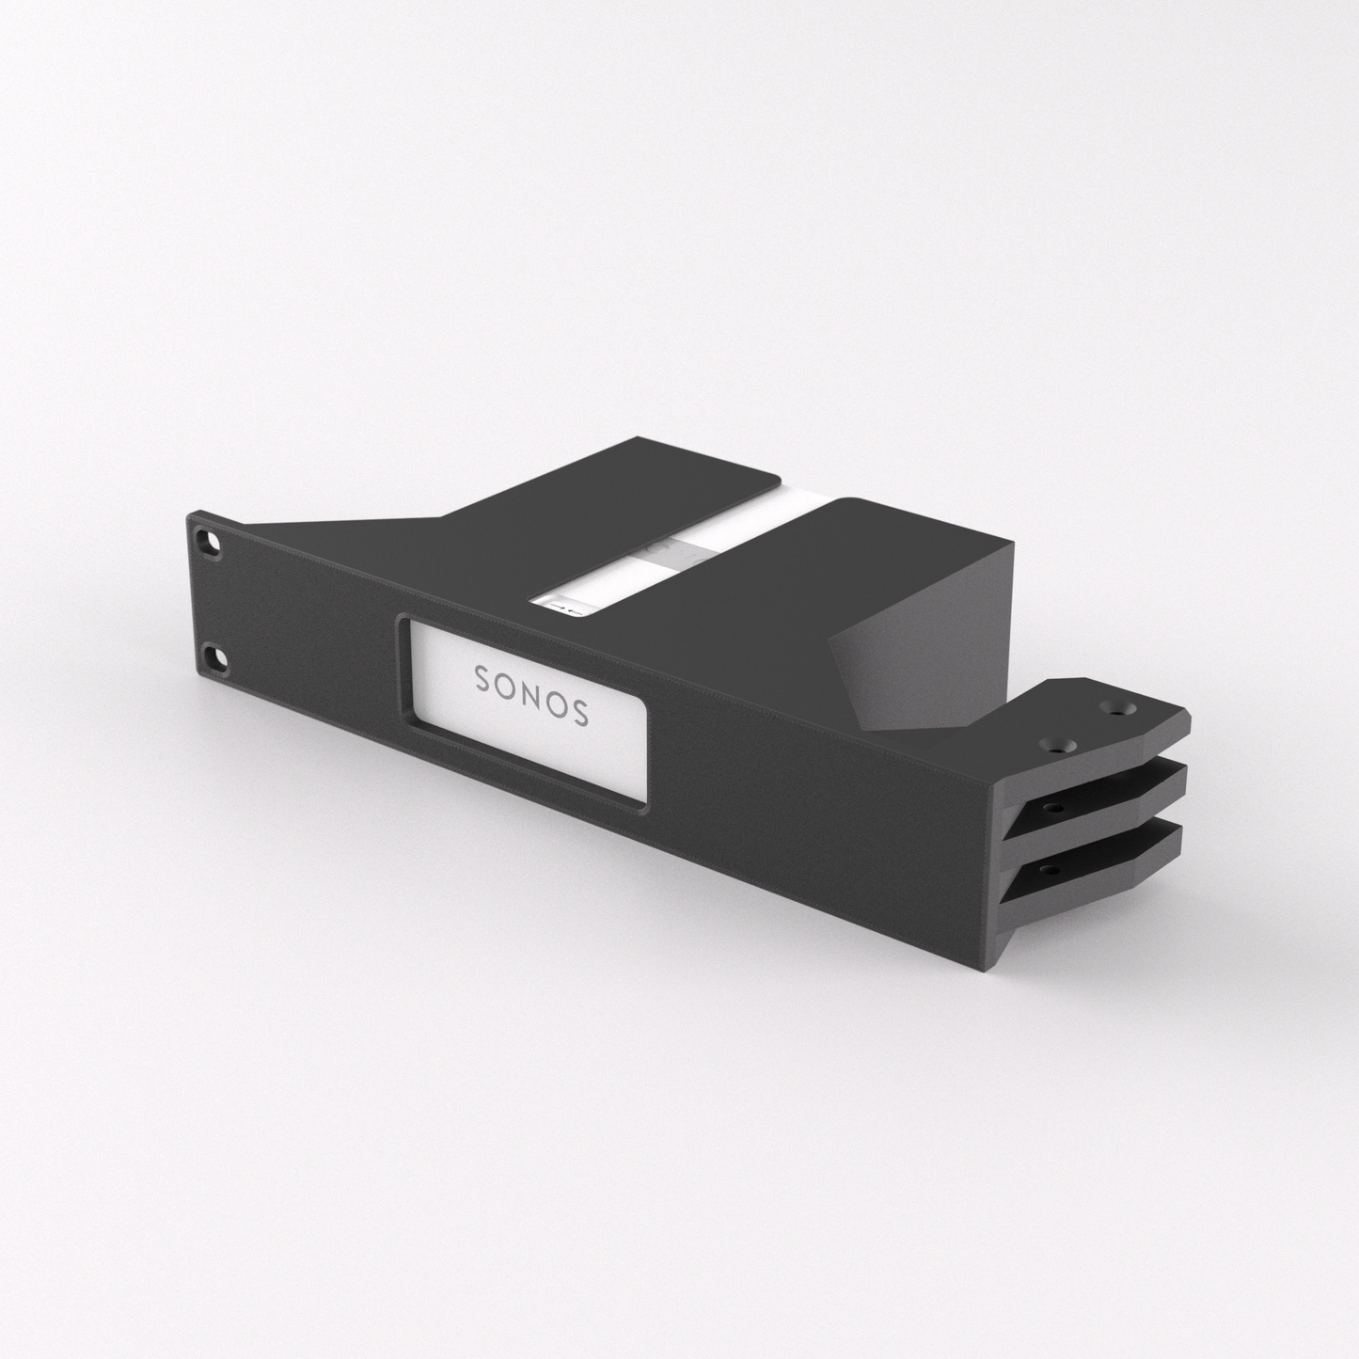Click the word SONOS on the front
(x=531, y=694)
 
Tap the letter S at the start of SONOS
(x=481, y=676)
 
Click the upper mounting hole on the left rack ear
(x=206, y=542)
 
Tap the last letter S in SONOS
(x=581, y=712)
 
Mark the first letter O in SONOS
(x=506, y=685)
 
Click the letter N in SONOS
(x=531, y=694)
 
